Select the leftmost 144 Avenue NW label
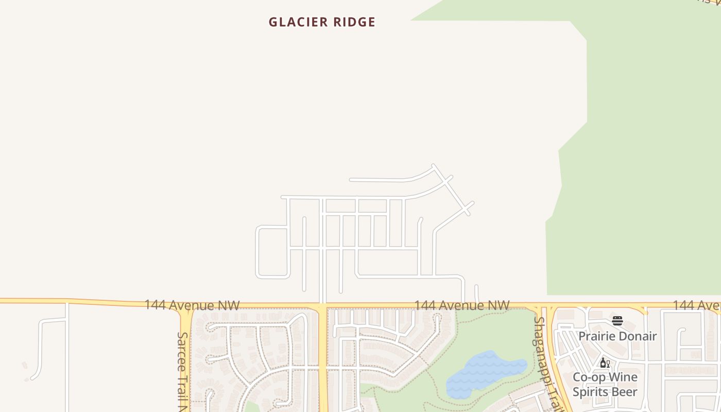[192, 305]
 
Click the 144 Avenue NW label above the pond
[461, 305]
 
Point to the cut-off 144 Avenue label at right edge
[696, 305]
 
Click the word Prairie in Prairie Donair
[598, 336]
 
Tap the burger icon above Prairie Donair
[617, 321]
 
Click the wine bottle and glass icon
[605, 363]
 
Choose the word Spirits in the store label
[591, 392]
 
